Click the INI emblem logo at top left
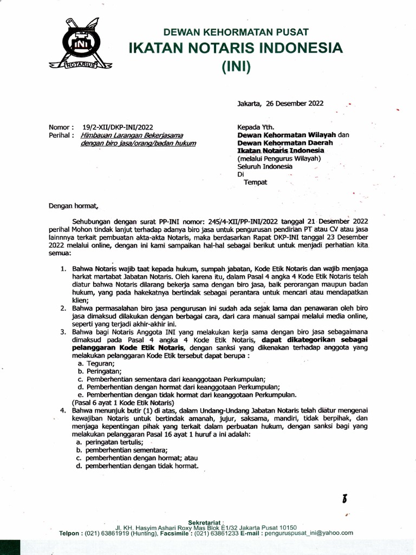coord(80,44)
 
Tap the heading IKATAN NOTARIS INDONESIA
coord(235,48)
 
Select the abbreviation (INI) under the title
coord(236,68)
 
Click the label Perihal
coord(59,135)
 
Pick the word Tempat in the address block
coord(255,182)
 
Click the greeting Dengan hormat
coord(74,206)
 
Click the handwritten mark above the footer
coord(344,499)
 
